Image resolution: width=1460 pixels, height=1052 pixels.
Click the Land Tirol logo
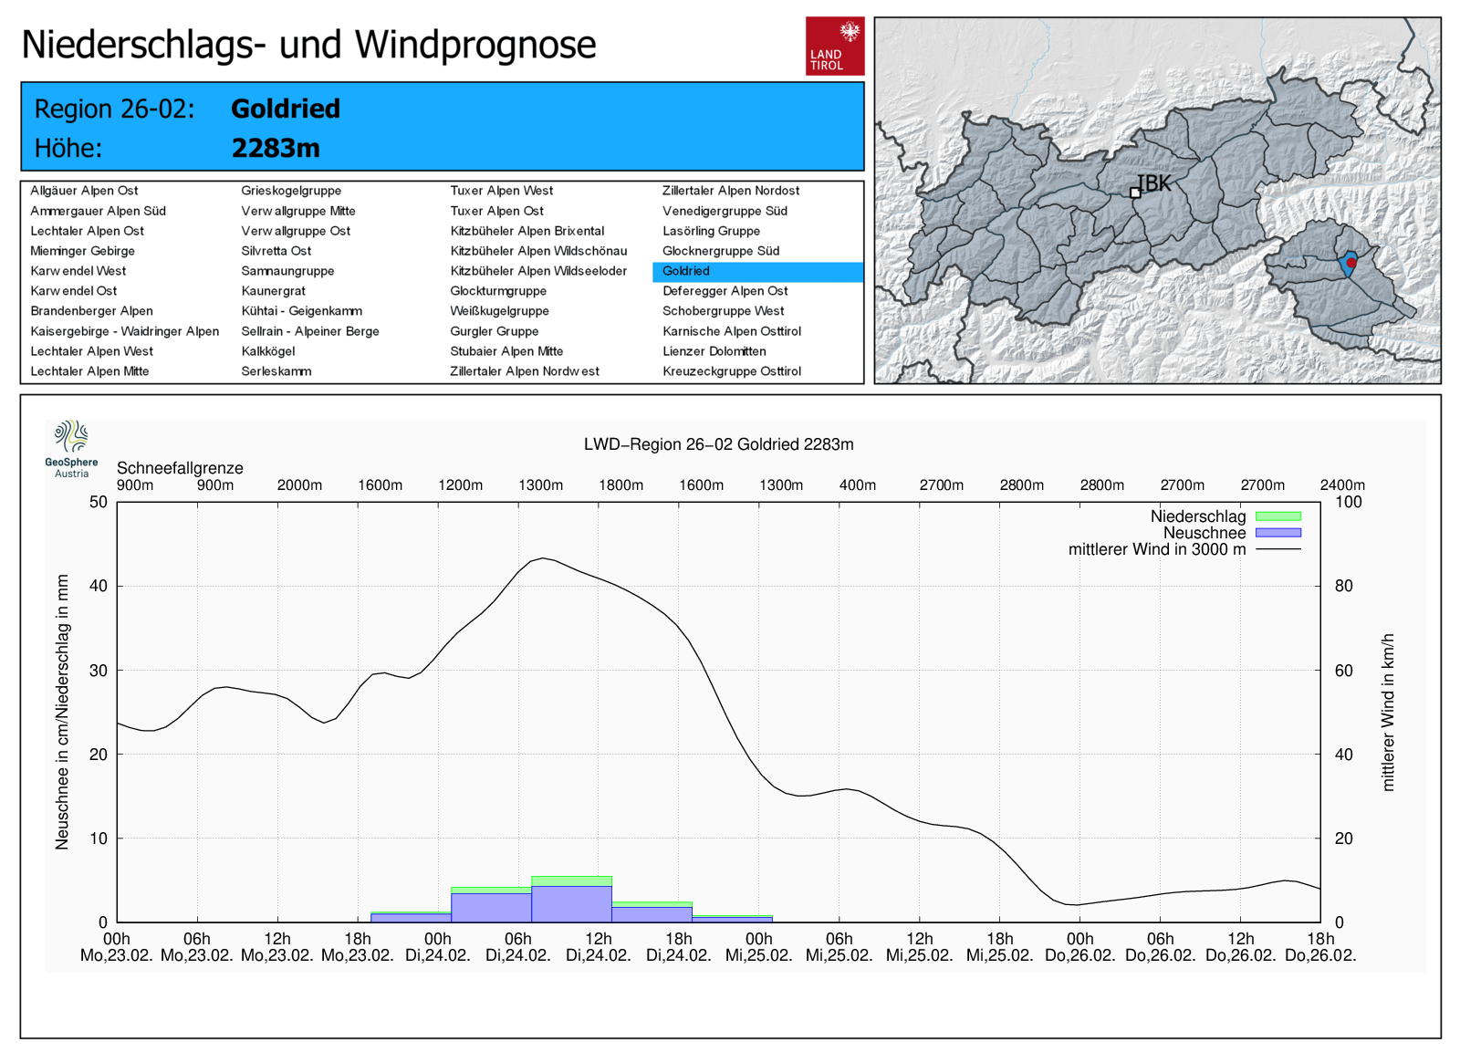point(834,46)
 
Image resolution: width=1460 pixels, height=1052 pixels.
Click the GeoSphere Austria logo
point(71,448)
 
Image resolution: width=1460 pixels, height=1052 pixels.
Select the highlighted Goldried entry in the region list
point(686,271)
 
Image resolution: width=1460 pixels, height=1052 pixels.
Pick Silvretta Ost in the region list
point(276,251)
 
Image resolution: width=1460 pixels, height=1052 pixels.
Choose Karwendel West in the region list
point(78,271)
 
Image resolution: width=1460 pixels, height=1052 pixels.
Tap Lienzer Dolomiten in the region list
point(714,351)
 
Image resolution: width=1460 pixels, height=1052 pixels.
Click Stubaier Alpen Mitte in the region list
point(506,351)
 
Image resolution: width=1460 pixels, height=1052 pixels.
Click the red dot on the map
point(1351,263)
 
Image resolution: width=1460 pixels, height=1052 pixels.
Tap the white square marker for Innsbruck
point(1135,193)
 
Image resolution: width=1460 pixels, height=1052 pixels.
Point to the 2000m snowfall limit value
point(299,485)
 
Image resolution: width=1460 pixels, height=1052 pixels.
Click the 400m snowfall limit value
point(858,485)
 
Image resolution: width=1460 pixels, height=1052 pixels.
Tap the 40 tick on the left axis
point(98,586)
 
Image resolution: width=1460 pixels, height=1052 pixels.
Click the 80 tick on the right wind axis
point(1343,586)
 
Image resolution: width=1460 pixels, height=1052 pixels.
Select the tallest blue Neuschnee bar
point(571,903)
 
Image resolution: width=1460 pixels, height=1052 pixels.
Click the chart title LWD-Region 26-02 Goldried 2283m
point(718,444)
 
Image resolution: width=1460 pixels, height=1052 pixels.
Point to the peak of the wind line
point(543,558)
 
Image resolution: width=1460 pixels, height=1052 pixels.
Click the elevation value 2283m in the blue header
point(276,148)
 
